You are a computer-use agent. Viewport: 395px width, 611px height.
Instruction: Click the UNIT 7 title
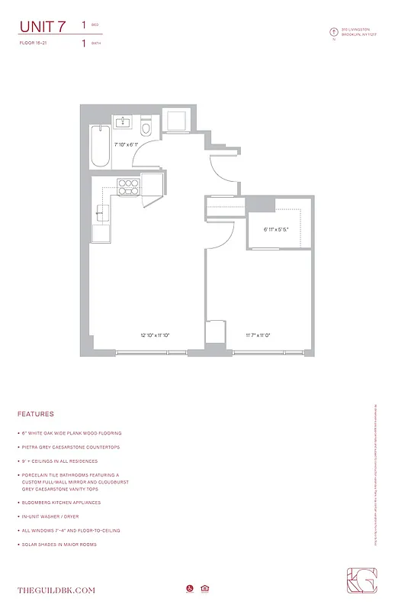(42, 27)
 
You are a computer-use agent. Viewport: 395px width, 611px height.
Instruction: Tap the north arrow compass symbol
(333, 32)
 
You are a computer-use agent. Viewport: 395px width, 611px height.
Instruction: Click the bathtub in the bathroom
(100, 146)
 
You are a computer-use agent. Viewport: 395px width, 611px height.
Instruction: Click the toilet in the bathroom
(148, 128)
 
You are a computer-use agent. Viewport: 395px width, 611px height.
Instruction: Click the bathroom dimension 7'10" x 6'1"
(126, 144)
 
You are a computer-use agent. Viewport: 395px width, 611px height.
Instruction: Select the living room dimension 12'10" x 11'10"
(154, 335)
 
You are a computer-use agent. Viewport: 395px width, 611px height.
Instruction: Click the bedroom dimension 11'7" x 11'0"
(259, 335)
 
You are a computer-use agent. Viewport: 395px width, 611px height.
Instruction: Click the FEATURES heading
(35, 414)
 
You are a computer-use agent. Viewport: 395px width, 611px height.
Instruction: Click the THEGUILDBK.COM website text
(56, 590)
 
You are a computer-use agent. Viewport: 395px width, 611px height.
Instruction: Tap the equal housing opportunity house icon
(205, 588)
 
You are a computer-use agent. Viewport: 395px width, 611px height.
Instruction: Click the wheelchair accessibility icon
(189, 588)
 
